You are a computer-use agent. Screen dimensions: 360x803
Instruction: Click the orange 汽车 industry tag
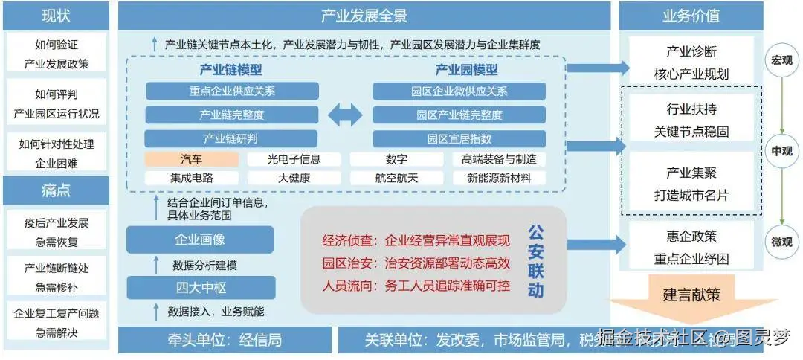[191, 159]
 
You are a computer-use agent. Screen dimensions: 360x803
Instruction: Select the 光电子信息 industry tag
[294, 159]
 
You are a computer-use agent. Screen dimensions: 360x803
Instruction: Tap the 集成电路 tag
[191, 179]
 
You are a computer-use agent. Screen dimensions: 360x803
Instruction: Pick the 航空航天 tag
[396, 179]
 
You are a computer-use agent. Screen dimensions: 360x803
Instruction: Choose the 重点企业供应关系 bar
[232, 91]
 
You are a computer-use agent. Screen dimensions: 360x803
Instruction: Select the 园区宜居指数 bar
[459, 138]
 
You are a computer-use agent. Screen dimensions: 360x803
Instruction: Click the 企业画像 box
[199, 240]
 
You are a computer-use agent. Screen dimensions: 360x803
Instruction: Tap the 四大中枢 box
[199, 288]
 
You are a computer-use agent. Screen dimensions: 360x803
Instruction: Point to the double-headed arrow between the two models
[344, 115]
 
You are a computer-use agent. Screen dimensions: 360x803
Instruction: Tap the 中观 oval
[781, 150]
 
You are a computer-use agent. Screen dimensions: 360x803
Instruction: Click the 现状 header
[56, 15]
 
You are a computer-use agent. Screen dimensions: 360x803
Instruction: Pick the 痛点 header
[56, 190]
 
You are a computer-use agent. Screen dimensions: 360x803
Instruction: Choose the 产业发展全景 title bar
[364, 15]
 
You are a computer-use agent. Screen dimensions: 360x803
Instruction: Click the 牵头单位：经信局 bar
[225, 340]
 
